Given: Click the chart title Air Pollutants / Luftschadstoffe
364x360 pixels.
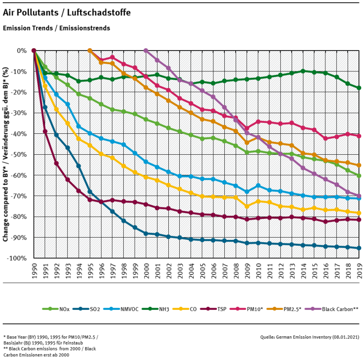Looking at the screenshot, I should (67, 13).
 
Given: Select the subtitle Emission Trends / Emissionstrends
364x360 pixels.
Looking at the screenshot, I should (56, 28).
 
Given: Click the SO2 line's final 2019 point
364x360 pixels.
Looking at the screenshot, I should (359, 248).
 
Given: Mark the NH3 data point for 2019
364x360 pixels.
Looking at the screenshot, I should (359, 88).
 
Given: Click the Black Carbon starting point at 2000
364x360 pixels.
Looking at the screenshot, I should (146, 51).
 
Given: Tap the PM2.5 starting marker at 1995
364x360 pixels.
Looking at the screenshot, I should (90, 51).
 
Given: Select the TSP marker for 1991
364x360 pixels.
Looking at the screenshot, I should (45, 132).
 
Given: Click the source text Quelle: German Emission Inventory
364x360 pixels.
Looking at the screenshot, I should (309, 337).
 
